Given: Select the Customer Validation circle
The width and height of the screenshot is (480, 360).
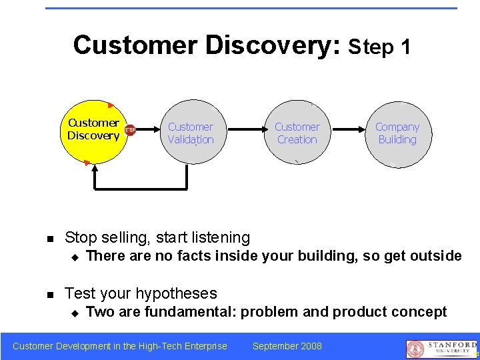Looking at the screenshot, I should [191, 133].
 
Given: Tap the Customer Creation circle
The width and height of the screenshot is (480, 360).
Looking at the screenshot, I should [297, 133].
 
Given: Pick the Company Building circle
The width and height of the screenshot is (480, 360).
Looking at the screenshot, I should [397, 133].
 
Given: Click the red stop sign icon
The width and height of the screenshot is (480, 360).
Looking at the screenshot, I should [130, 130].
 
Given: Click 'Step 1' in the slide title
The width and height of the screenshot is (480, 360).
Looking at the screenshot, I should [379, 47].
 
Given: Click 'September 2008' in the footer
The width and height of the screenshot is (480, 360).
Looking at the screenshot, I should [287, 345].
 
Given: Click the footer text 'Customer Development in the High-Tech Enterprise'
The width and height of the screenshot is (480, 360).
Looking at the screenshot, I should [120, 345].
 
